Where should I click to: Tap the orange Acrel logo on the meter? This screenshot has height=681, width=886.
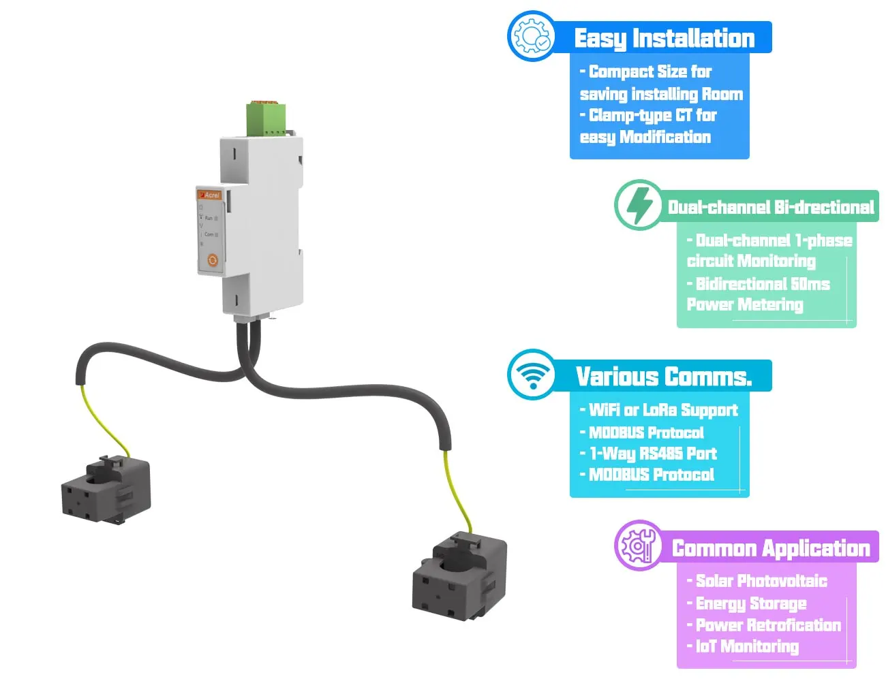tap(210, 195)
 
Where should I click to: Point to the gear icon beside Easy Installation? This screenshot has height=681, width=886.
tap(532, 36)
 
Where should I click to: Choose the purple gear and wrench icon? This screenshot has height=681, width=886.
tap(639, 545)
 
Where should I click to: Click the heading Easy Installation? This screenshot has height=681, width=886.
tap(664, 38)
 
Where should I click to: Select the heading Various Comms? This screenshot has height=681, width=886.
tap(664, 377)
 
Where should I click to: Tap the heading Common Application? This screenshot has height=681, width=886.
tap(771, 548)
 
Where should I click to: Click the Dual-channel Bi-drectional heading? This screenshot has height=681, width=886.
tap(770, 207)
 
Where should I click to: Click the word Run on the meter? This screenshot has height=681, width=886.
tap(209, 218)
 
